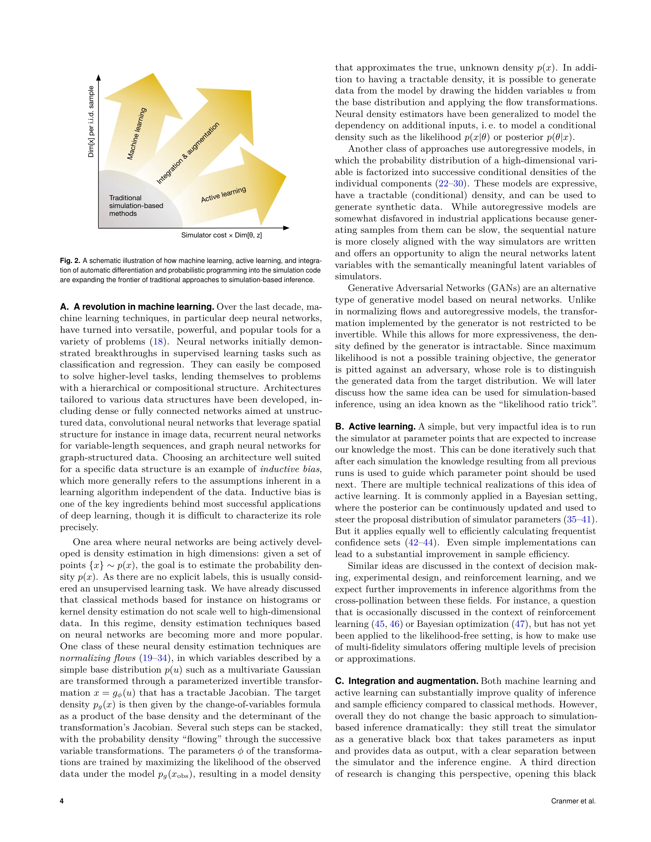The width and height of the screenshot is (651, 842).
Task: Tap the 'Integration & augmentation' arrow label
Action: [188, 153]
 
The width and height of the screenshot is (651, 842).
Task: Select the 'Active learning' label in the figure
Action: [223, 195]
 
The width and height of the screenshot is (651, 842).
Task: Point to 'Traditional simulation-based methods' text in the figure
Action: [136, 206]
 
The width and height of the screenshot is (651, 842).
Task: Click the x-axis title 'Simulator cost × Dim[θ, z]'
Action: [221, 235]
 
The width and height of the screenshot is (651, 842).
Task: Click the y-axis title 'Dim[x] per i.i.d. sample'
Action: [91, 122]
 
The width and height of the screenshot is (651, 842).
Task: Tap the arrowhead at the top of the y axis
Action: [99, 78]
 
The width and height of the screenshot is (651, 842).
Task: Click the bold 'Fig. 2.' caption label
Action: [70, 260]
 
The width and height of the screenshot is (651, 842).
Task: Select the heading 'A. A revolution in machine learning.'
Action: [137, 307]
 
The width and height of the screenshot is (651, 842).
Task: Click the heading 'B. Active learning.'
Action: [375, 426]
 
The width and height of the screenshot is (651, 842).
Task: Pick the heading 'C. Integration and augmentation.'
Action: [406, 681]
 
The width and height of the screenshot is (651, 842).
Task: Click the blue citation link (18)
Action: [158, 342]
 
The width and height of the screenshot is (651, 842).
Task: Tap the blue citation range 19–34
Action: [155, 658]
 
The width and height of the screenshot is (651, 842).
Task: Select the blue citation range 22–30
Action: [450, 184]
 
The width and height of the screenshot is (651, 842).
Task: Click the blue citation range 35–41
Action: [579, 519]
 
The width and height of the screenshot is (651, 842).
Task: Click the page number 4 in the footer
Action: [62, 801]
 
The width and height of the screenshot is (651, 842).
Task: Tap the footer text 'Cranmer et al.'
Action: [573, 801]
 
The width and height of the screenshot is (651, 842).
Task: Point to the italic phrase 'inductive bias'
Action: [290, 469]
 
